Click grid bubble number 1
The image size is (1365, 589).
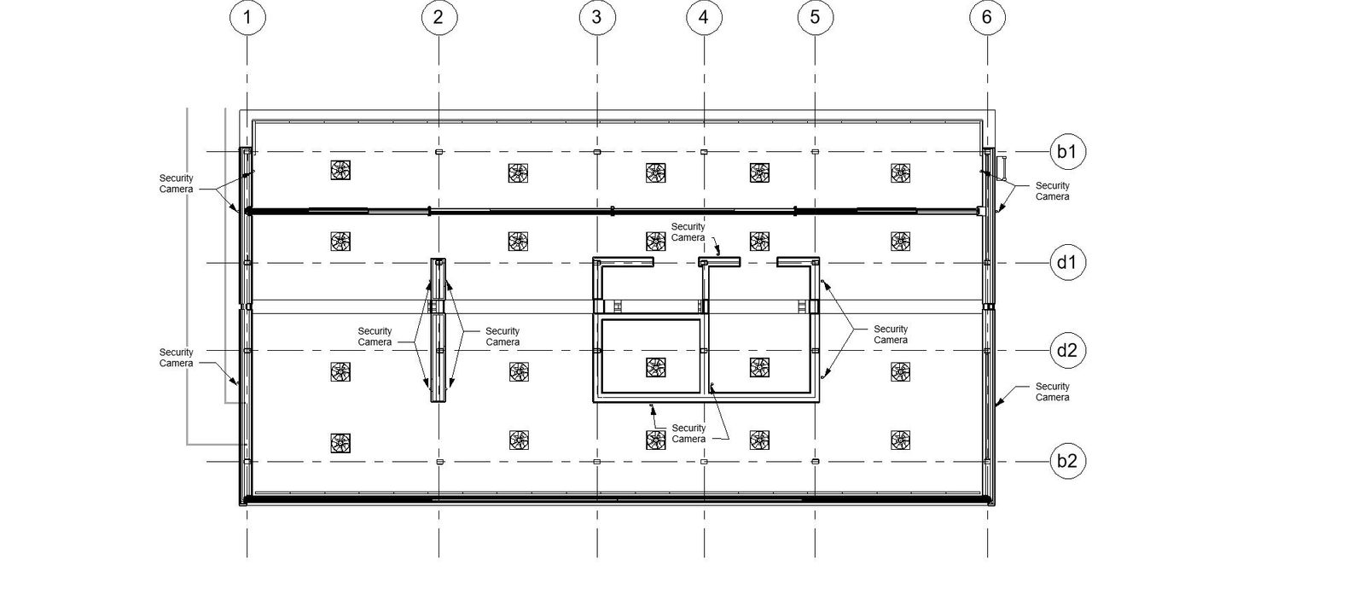[247, 17]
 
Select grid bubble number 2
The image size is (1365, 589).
[439, 17]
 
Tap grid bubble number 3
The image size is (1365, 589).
[597, 17]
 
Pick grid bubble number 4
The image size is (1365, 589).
[704, 17]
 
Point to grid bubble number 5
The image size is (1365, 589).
[816, 17]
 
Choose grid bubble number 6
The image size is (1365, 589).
[988, 17]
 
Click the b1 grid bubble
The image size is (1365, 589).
[1067, 152]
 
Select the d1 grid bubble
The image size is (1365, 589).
[1067, 263]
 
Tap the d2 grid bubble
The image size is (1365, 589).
[1067, 350]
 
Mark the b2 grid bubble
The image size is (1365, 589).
[1067, 461]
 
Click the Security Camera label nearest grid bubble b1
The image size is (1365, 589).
[1052, 191]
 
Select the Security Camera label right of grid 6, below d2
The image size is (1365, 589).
[1052, 392]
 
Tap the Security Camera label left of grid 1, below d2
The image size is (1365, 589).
[177, 358]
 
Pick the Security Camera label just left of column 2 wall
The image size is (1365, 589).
[375, 336]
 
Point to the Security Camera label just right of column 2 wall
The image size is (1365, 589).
[502, 336]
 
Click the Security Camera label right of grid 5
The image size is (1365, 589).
[891, 334]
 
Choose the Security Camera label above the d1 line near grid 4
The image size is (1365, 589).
[688, 232]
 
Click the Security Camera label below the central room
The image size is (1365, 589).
[688, 434]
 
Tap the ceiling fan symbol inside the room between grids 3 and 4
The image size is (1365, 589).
[655, 368]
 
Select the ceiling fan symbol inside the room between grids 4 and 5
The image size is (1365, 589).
[759, 368]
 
